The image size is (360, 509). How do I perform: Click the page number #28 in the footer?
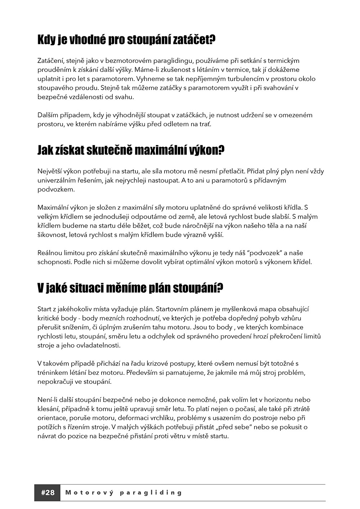[x=48, y=492]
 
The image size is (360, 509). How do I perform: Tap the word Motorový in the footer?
[x=89, y=492]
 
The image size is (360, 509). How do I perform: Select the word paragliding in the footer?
[x=151, y=492]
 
